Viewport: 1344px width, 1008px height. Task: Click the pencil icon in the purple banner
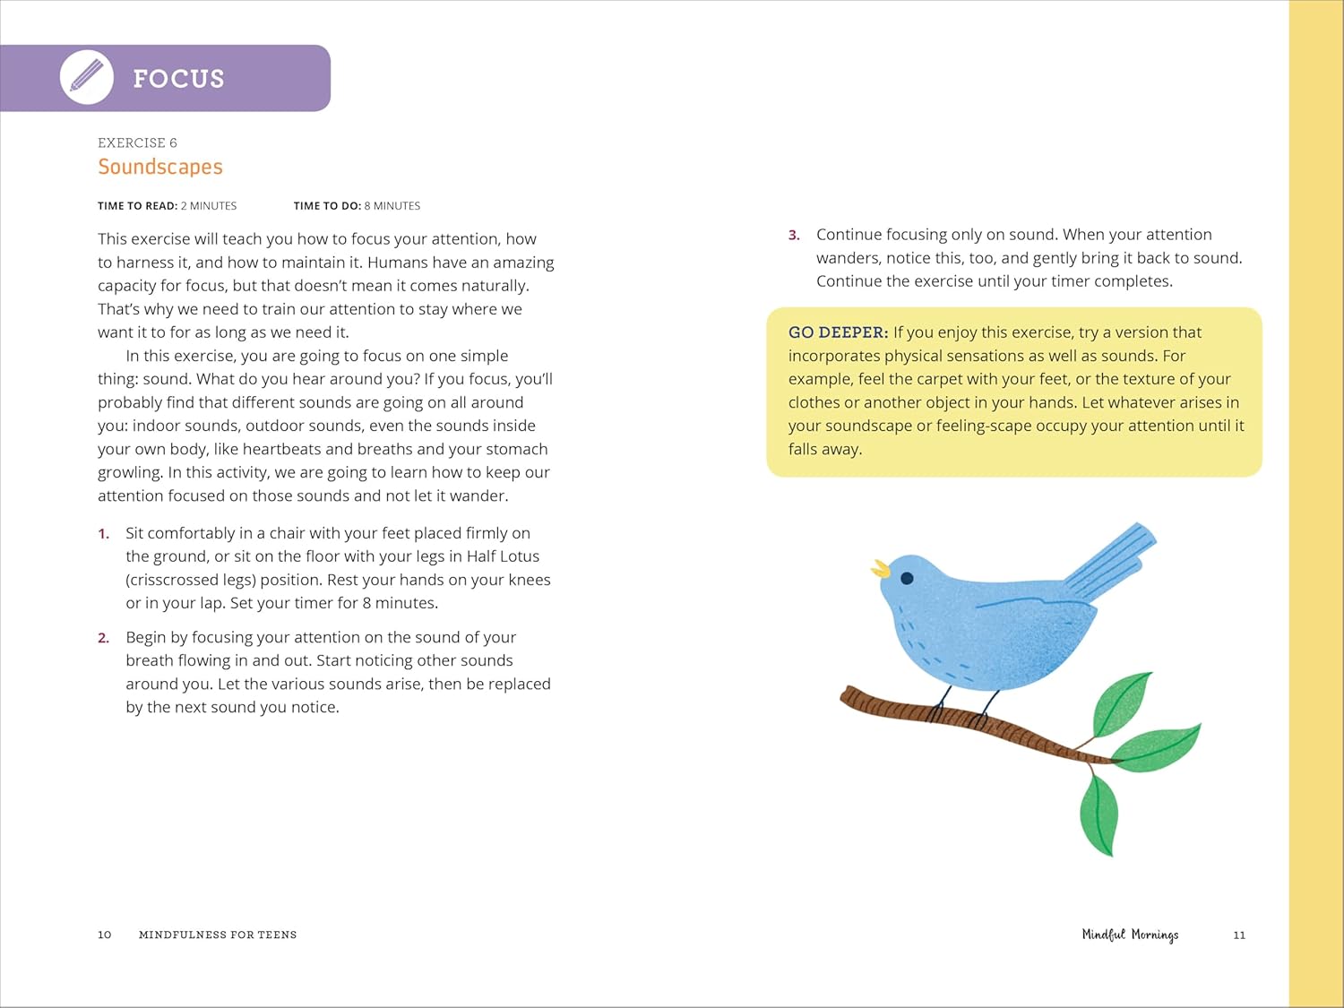(x=87, y=77)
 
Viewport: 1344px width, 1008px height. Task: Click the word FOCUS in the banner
(x=178, y=79)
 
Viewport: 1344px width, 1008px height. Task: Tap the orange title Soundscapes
(x=160, y=167)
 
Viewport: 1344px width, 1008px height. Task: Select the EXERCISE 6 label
(x=137, y=142)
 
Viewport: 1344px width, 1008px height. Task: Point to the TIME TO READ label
(x=137, y=206)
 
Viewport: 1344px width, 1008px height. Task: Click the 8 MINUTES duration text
(x=392, y=206)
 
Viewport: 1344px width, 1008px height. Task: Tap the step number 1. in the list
(x=104, y=534)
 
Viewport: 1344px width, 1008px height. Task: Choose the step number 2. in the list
(x=104, y=638)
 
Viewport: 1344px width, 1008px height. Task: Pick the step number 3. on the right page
(x=794, y=235)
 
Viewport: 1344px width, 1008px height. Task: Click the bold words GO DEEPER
(x=838, y=332)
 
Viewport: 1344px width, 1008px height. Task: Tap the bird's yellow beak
(x=881, y=568)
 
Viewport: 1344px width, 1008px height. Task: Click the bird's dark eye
(x=907, y=578)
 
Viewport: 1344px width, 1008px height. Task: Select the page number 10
(x=105, y=935)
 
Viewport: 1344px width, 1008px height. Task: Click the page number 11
(x=1239, y=935)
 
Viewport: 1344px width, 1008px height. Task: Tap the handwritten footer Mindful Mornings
(x=1130, y=935)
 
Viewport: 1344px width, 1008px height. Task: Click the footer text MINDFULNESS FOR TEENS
(x=218, y=935)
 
